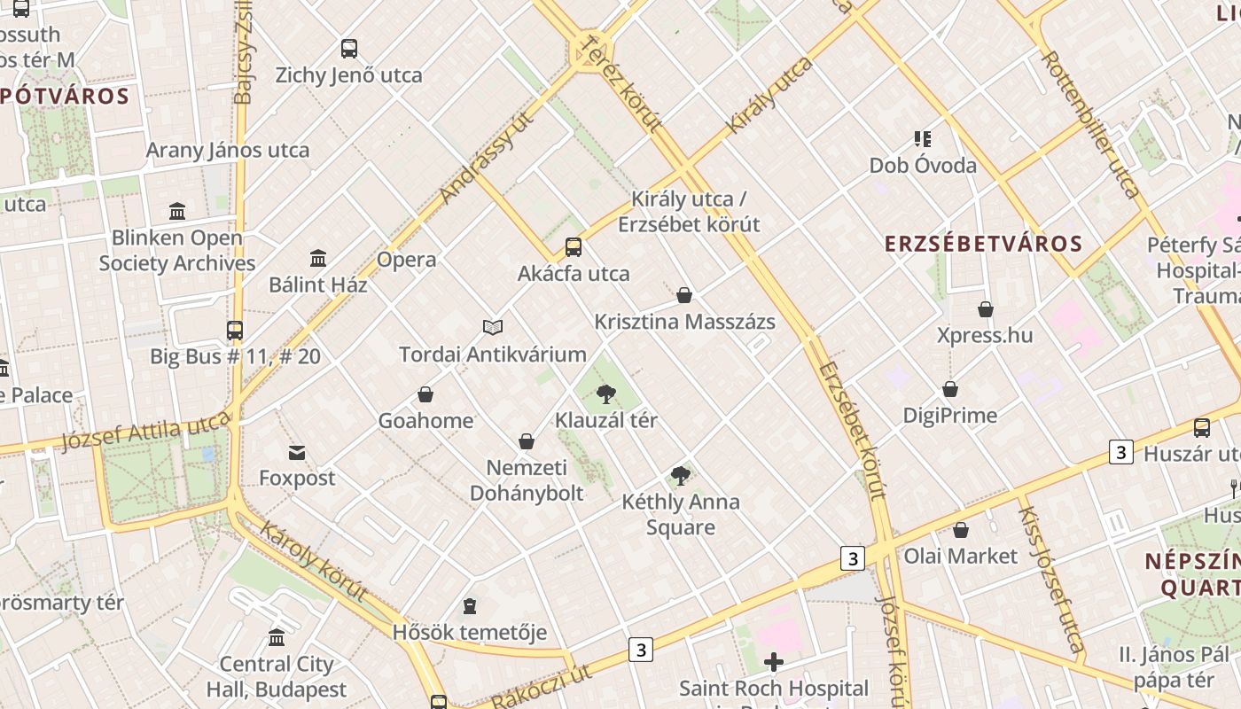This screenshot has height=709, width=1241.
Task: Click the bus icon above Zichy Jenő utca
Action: [x=349, y=49]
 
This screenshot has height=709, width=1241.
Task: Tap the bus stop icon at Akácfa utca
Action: [x=574, y=247]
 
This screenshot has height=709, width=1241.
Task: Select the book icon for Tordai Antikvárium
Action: [x=493, y=328]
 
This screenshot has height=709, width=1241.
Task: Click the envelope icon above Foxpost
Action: [x=297, y=453]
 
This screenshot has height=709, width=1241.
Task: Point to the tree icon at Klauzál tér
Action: [x=606, y=394]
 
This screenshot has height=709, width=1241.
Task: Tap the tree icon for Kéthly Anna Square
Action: [x=681, y=476]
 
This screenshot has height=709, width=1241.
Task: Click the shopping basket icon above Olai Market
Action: [x=961, y=530]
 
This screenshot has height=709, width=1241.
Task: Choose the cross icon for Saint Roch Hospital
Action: [x=774, y=662]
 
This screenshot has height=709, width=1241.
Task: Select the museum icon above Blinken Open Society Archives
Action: [x=177, y=212]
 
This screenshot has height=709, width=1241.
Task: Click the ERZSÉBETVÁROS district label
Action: [x=984, y=244]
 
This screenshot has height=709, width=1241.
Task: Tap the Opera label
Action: [x=407, y=260]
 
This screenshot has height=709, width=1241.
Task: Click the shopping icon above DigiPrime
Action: [x=950, y=390]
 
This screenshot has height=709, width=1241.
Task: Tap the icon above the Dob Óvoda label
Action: [x=923, y=139]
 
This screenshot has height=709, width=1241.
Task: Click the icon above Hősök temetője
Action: [x=470, y=606]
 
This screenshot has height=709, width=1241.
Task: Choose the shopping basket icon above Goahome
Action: [x=425, y=394]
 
